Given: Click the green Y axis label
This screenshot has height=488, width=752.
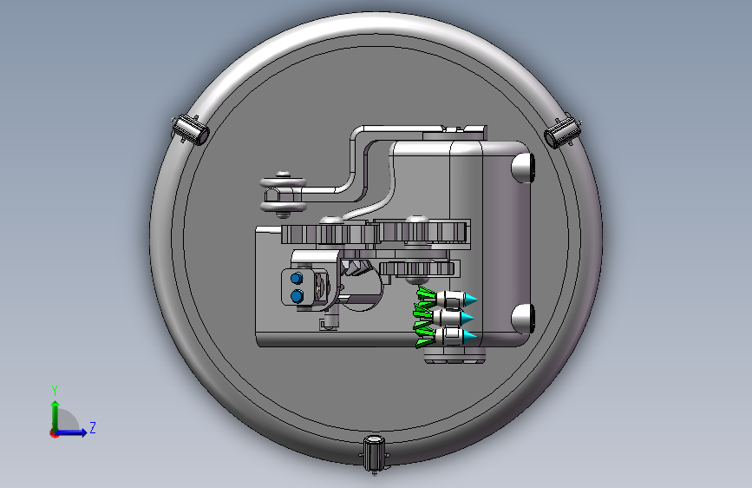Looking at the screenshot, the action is [55, 391].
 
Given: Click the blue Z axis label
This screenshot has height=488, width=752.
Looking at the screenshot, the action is [93, 427].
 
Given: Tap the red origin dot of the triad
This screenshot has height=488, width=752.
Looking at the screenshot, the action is [54, 433].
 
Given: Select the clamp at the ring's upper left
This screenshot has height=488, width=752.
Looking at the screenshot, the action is [190, 129].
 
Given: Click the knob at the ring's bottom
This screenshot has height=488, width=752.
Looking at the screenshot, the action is [374, 453].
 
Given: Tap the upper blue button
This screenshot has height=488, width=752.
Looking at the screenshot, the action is [297, 278].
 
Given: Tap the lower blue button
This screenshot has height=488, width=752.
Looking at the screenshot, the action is [297, 296].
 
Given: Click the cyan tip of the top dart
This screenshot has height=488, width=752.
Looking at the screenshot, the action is [471, 300].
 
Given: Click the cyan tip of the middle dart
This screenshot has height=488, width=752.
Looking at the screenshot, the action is [468, 318].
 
